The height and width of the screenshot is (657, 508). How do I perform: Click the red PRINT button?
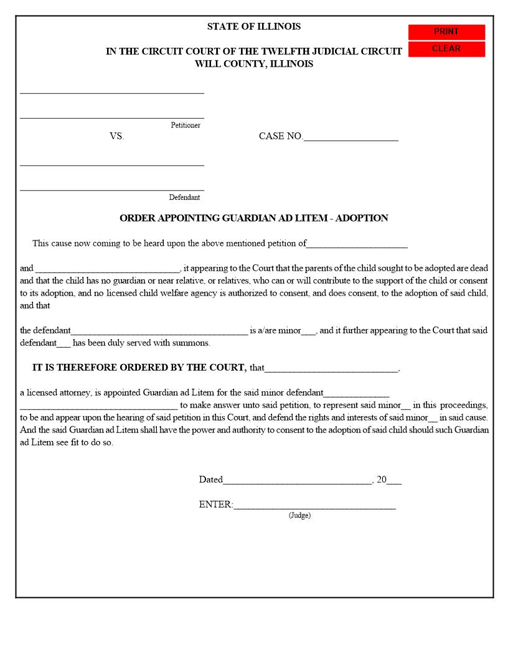coord(446,32)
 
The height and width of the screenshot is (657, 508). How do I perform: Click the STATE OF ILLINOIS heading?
coord(254,27)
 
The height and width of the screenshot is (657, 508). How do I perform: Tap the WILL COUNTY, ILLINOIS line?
coord(254,63)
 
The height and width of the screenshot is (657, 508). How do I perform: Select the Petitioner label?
coord(186,125)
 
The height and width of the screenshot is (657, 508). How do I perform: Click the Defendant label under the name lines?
coord(184,197)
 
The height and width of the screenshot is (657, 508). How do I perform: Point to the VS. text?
coord(117,136)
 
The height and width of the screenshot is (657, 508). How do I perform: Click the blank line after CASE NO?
coord(350,137)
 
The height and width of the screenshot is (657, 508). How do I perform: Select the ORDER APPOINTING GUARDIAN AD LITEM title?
coord(254,218)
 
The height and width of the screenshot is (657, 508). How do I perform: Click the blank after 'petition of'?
coord(357,244)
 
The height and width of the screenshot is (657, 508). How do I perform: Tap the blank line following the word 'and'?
coord(107,269)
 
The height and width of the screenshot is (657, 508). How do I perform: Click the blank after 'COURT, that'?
coord(331,369)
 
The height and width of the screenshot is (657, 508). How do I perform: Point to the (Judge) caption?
coord(299,516)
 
